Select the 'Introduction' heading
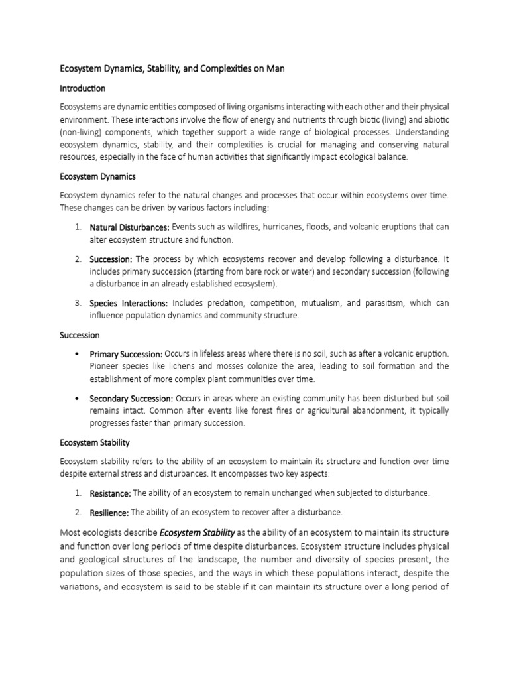coord(83,88)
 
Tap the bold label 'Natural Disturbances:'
coord(129,227)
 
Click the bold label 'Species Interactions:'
coord(129,303)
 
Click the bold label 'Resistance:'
coord(110,493)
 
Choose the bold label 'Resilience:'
coord(109,513)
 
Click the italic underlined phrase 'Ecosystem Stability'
coord(198,532)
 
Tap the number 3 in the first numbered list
coord(78,303)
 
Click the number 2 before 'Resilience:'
coord(78,513)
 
